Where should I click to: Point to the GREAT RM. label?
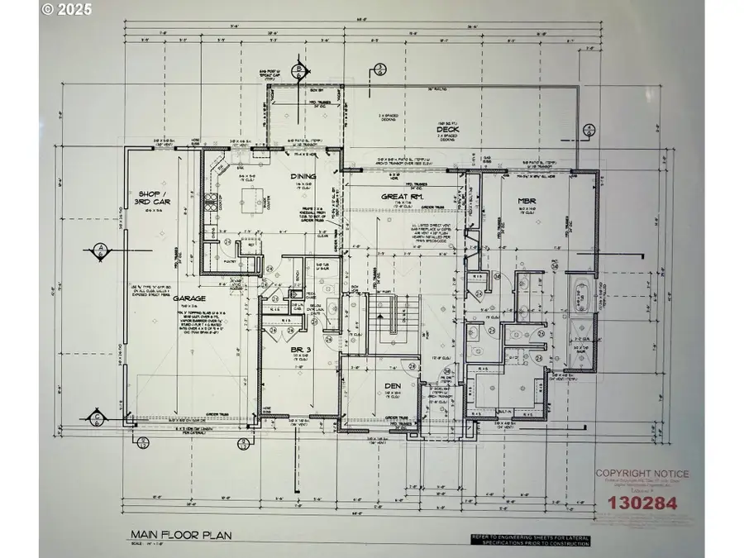(x=403, y=197)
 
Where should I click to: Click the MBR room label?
(x=527, y=201)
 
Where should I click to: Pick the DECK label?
(x=449, y=128)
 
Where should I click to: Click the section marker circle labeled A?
(x=99, y=249)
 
